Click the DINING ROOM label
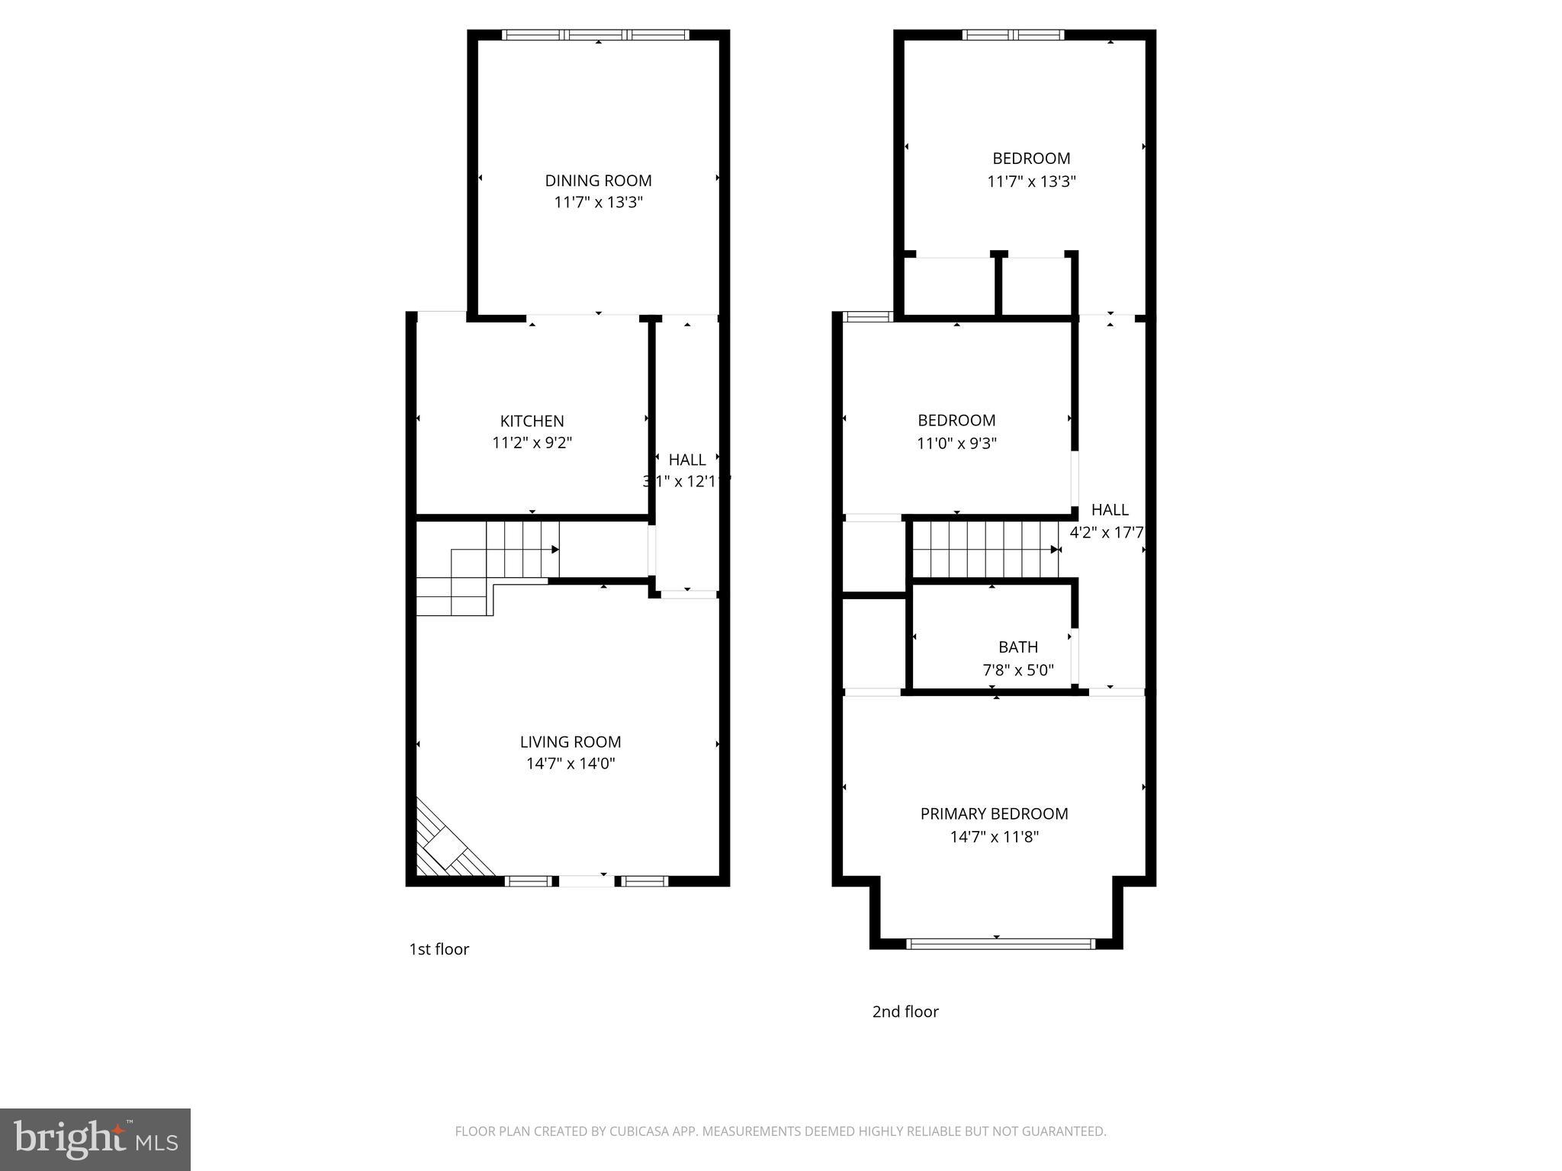pos(598,181)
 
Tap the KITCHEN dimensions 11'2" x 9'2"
pos(532,442)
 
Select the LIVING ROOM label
pos(570,742)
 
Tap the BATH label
pos(1018,647)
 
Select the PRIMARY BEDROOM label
pos(994,813)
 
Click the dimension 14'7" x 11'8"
pos(994,837)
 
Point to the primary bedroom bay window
pos(1000,944)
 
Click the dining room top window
pos(596,34)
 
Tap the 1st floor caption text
pos(439,949)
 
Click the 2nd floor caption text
pos(905,1012)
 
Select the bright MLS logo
pos(95,1139)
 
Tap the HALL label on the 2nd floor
pos(1109,510)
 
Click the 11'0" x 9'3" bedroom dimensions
pos(956,443)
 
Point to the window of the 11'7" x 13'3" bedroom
pos(1013,34)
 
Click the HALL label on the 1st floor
pos(686,460)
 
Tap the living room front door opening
pos(586,881)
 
